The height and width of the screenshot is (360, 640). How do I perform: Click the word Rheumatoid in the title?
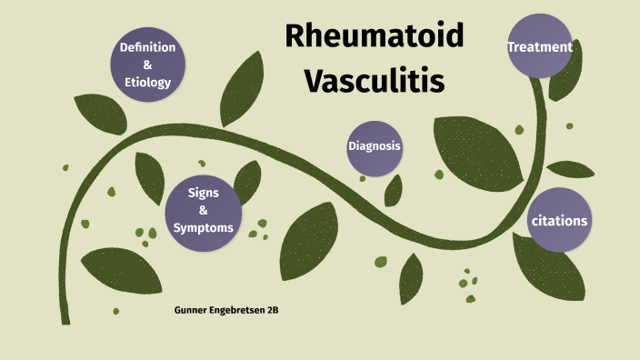click(374, 35)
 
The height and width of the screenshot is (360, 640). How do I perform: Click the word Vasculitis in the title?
click(374, 80)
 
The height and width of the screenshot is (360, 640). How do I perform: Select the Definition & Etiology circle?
click(148, 65)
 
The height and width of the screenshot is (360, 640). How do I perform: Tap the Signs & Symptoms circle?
click(203, 210)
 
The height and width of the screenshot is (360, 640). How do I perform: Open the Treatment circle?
click(540, 46)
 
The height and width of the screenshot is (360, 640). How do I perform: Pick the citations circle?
click(559, 221)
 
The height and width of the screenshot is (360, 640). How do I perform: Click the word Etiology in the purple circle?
click(148, 83)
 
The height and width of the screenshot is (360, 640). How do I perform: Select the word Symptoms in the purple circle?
click(204, 227)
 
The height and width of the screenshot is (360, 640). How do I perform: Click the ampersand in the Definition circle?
click(148, 65)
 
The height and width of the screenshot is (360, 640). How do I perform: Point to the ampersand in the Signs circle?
click(204, 210)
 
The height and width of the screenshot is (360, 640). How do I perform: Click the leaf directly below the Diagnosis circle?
click(394, 190)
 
